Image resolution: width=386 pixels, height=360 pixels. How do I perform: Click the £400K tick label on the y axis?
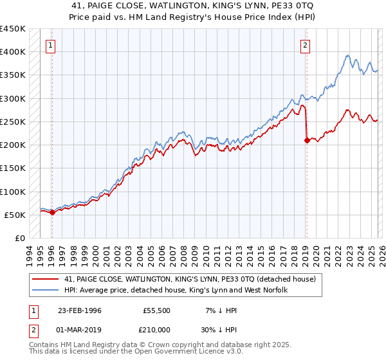(x=13, y=52)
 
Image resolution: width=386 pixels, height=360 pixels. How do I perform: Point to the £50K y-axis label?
(x=15, y=215)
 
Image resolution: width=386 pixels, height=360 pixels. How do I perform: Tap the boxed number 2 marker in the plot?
(x=305, y=45)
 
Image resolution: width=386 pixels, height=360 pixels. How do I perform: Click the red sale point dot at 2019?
(x=307, y=141)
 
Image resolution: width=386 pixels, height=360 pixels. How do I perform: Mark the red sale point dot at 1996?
(x=52, y=213)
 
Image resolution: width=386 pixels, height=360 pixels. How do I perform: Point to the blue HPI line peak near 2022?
(x=347, y=56)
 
